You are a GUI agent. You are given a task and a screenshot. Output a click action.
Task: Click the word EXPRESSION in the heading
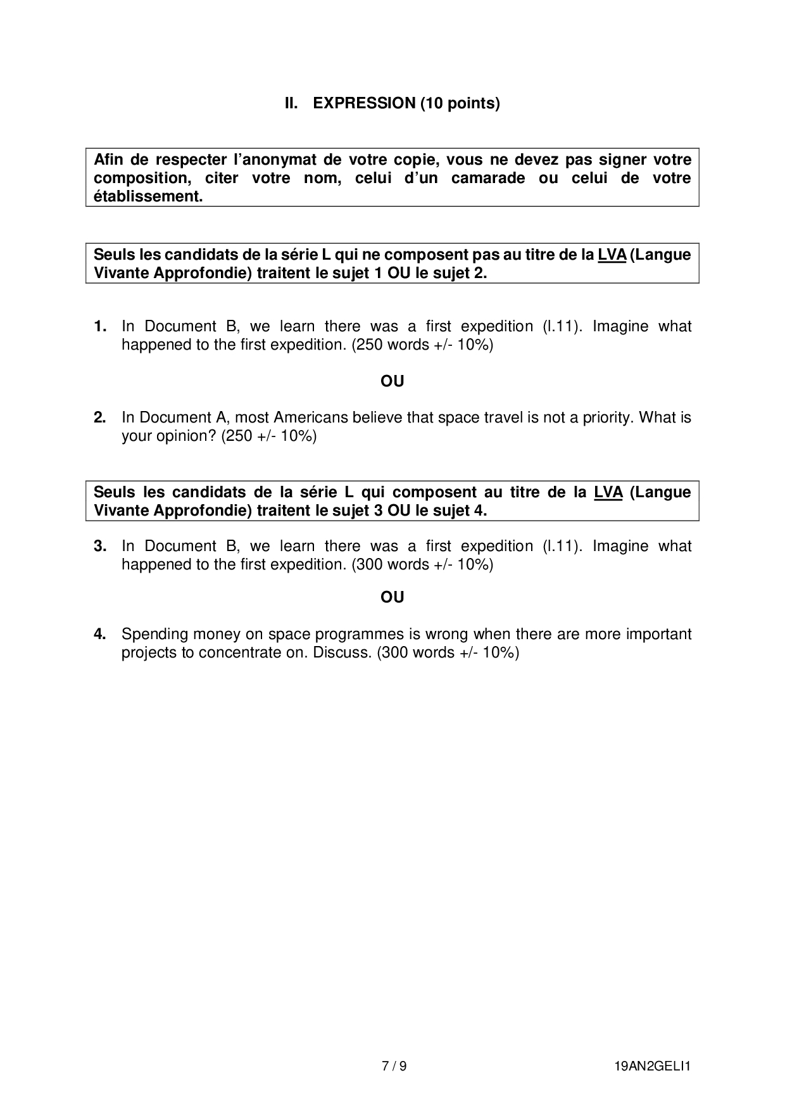click(364, 103)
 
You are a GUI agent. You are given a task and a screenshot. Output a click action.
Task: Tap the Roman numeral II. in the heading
click(291, 103)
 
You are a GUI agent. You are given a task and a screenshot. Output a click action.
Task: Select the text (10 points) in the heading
click(460, 103)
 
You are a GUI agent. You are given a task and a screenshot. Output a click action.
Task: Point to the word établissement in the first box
click(148, 196)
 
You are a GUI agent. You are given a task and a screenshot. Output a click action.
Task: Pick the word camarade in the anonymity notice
click(487, 178)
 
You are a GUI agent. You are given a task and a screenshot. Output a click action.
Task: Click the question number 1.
click(100, 326)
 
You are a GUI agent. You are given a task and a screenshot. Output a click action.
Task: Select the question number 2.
click(100, 417)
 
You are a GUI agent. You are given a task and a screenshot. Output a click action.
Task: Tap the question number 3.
click(100, 546)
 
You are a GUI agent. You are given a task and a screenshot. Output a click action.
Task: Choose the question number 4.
click(100, 634)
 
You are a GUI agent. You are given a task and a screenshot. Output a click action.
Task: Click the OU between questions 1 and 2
click(392, 381)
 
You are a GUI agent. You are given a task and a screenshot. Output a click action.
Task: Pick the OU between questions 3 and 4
click(392, 597)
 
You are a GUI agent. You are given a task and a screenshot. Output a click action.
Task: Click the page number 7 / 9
click(394, 1066)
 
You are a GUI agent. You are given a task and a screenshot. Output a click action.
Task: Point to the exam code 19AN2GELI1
click(652, 1066)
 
